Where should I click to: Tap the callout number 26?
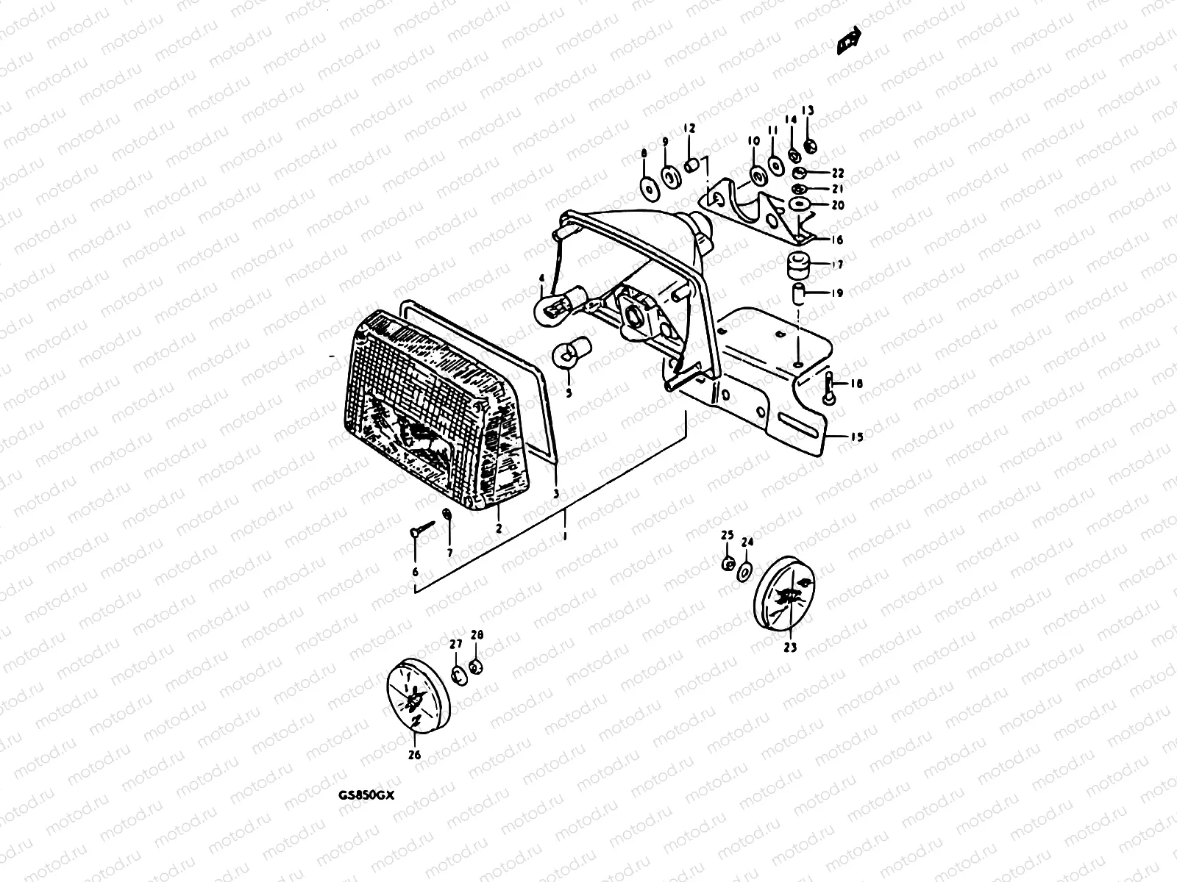point(414,754)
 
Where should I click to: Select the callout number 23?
point(790,648)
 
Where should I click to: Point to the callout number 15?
point(856,437)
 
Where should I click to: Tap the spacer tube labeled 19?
point(797,293)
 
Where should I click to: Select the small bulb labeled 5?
point(567,353)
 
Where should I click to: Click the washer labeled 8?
point(647,188)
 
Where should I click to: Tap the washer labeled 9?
point(669,177)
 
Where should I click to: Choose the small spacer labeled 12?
point(692,165)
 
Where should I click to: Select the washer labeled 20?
point(800,204)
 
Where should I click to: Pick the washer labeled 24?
point(744,571)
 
